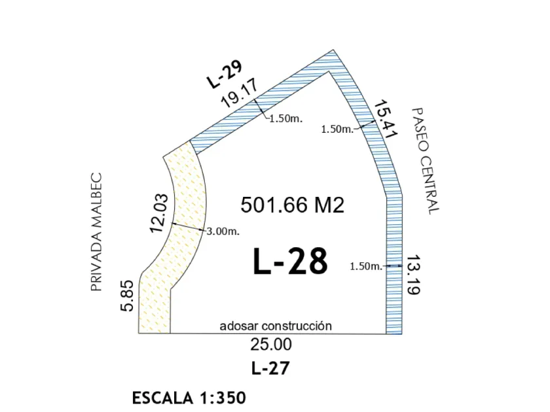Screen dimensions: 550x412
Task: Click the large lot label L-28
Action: coord(290,262)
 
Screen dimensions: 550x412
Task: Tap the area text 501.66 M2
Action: coord(293,205)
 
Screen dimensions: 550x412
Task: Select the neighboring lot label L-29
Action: coord(225,75)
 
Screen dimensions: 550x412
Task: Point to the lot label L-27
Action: coord(270,368)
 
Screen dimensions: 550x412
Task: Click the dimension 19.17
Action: coord(240,93)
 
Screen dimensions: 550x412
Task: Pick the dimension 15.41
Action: coord(385,120)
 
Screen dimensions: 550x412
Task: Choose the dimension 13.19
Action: coord(414,275)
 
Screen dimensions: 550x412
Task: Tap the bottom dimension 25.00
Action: coord(271,345)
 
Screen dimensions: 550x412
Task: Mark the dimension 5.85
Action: coord(126,296)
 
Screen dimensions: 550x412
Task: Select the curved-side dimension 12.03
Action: coord(158,213)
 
